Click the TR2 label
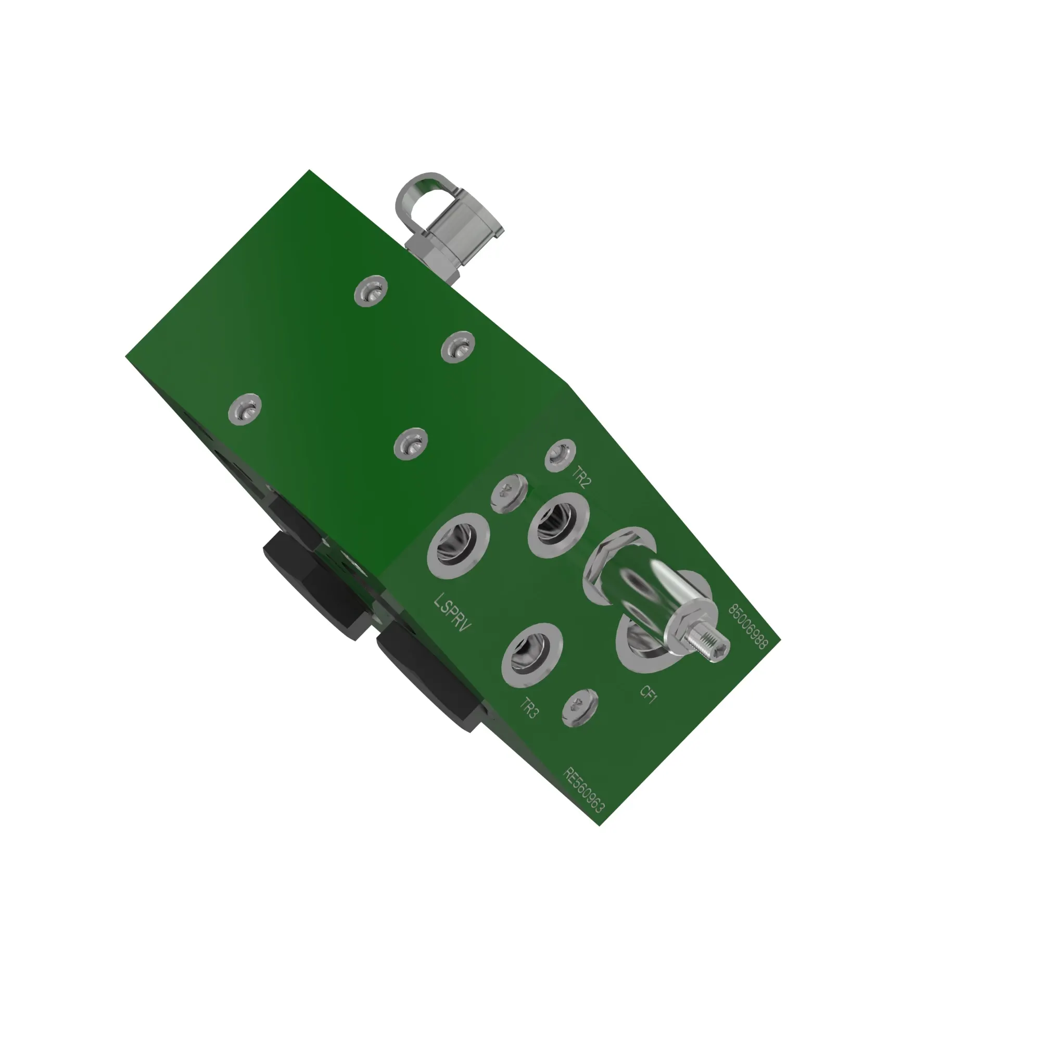pyautogui.click(x=581, y=477)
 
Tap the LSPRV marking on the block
pyautogui.click(x=453, y=613)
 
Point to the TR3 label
pyautogui.click(x=529, y=708)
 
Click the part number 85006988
pyautogui.click(x=747, y=627)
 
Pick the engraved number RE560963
pyautogui.click(x=583, y=790)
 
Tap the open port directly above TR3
pyautogui.click(x=531, y=655)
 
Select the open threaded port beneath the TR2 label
pyautogui.click(x=558, y=525)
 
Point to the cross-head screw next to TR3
pyautogui.click(x=580, y=708)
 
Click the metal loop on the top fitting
pyautogui.click(x=426, y=194)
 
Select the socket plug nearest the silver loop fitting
pyautogui.click(x=371, y=291)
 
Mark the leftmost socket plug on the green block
pyautogui.click(x=245, y=410)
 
